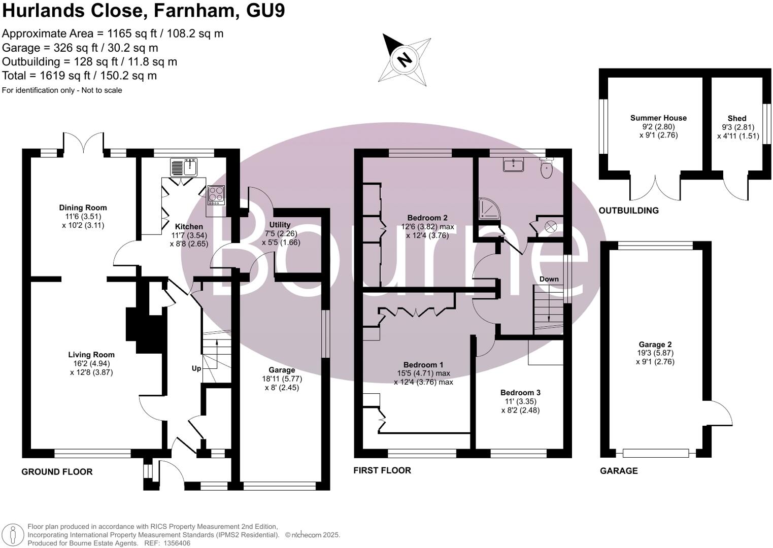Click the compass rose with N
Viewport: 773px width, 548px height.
405,60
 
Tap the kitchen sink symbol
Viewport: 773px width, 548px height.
184,167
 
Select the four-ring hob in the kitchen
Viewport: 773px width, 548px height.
216,195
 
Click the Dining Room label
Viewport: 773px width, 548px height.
83,208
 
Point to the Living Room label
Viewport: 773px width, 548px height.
91,355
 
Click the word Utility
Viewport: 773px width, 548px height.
280,225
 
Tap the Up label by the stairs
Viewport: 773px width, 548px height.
196,368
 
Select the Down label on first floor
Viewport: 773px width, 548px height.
549,279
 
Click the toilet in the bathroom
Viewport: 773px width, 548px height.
547,168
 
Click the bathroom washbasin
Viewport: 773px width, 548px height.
513,164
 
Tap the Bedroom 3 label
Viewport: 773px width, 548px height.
520,392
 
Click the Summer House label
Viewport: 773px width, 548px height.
658,118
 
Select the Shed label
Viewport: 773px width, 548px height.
736,118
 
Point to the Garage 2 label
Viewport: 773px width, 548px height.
655,345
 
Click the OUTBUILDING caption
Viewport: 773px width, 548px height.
628,211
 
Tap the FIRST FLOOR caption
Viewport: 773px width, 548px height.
382,470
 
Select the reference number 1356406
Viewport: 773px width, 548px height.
174,543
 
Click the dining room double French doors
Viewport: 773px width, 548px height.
84,143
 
